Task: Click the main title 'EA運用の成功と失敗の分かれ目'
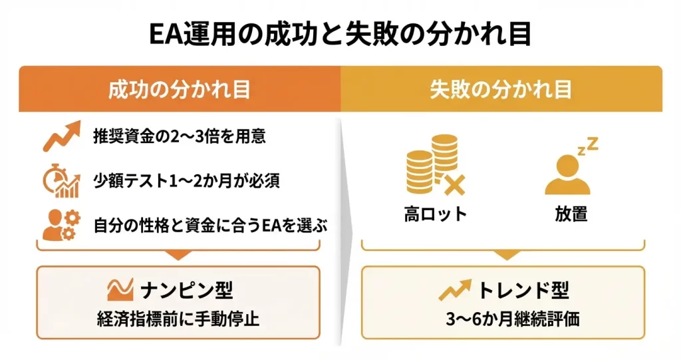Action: pyautogui.click(x=340, y=34)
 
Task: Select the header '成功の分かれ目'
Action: pyautogui.click(x=180, y=90)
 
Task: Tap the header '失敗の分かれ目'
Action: pyautogui.click(x=501, y=90)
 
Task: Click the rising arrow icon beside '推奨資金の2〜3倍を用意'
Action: pyautogui.click(x=62, y=136)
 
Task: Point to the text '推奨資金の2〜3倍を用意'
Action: pyautogui.click(x=180, y=136)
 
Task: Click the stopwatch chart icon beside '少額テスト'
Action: pyautogui.click(x=61, y=181)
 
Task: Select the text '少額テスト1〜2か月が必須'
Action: pyautogui.click(x=187, y=181)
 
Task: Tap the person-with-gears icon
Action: pyautogui.click(x=61, y=225)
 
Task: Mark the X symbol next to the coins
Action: pyautogui.click(x=454, y=185)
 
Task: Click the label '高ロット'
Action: pyautogui.click(x=435, y=214)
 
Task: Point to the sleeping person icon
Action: pyautogui.click(x=567, y=175)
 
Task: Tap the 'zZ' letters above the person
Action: pyautogui.click(x=588, y=146)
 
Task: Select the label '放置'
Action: pyautogui.click(x=571, y=214)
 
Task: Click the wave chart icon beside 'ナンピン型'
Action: pyautogui.click(x=120, y=289)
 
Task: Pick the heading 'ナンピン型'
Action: pyautogui.click(x=187, y=290)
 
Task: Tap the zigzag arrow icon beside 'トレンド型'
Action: pyautogui.click(x=455, y=289)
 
